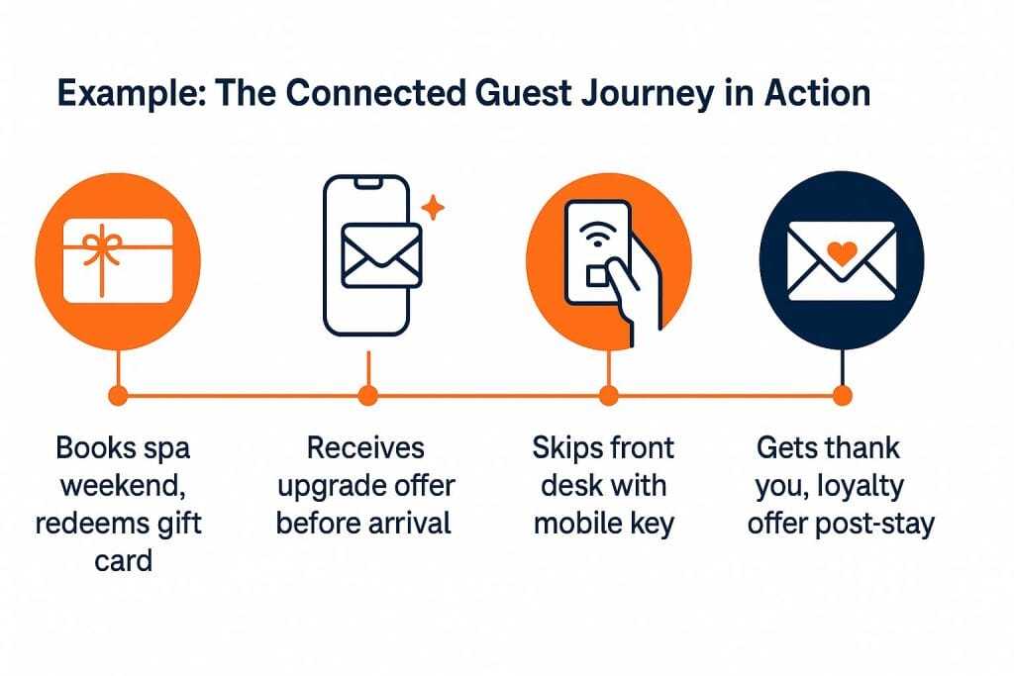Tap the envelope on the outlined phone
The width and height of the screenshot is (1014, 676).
point(380,253)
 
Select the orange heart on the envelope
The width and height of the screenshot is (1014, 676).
point(841,253)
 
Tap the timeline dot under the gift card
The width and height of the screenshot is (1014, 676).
point(118,396)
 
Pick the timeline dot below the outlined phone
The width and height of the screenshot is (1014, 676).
point(368,396)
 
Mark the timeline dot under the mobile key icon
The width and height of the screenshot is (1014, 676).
point(609,396)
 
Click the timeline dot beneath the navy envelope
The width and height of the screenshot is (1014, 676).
point(842,396)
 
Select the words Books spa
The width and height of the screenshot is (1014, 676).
point(122,448)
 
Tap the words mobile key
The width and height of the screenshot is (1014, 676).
point(603,524)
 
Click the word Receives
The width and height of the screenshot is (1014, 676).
point(365,448)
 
